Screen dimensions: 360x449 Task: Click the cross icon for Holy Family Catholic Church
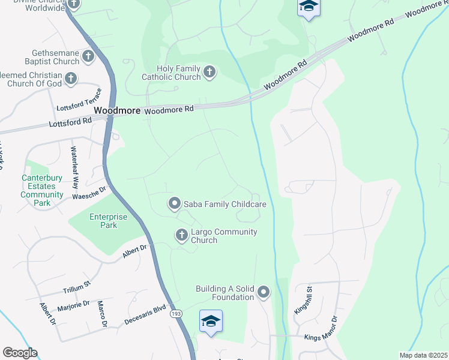209,73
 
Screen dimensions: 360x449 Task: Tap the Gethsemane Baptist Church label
41,57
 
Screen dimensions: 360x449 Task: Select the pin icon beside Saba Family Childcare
174,204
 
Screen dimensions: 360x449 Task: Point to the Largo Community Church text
224,236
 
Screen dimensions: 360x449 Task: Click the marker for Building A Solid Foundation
263,293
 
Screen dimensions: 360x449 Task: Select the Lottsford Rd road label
71,121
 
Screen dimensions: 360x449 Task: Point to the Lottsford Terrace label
79,101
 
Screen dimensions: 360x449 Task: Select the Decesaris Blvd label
145,316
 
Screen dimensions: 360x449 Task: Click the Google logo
20,353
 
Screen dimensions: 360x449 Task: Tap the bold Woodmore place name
117,111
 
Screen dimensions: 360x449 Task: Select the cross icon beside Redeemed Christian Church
71,78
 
